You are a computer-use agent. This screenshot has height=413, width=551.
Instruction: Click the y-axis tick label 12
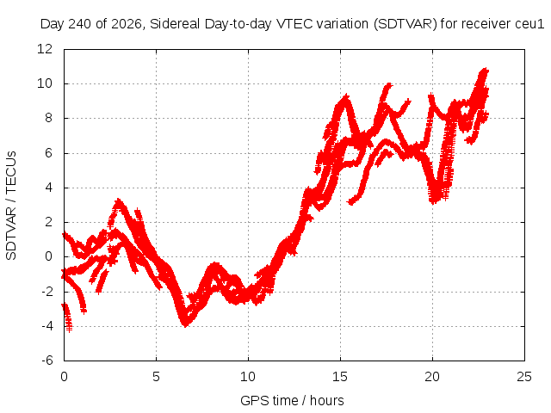click(x=45, y=49)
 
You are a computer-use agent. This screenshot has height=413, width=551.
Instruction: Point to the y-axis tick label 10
click(x=45, y=83)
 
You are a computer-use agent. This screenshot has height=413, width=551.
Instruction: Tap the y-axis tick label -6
click(x=47, y=361)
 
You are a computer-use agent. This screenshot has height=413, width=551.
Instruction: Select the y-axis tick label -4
click(x=47, y=326)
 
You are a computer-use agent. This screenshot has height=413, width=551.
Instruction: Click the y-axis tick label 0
click(x=48, y=256)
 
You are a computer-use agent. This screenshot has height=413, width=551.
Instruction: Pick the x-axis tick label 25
click(x=524, y=377)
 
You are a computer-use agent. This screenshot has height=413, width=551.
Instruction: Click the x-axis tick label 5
click(x=156, y=377)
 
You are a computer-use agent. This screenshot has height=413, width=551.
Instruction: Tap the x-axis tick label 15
click(x=340, y=377)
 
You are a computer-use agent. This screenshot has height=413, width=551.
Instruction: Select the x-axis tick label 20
click(x=432, y=377)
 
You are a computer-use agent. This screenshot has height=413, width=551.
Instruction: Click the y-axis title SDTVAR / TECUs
click(x=11, y=206)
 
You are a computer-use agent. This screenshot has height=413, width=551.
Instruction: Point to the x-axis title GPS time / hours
click(x=292, y=401)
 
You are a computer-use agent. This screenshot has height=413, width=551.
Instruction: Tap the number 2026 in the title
click(x=127, y=24)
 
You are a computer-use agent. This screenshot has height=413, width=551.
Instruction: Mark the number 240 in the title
click(x=80, y=24)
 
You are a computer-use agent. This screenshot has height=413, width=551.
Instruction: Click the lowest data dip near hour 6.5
click(x=185, y=324)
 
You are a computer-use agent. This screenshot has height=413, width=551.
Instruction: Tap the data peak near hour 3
click(x=119, y=200)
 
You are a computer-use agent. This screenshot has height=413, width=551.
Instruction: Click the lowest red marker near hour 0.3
click(x=69, y=330)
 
